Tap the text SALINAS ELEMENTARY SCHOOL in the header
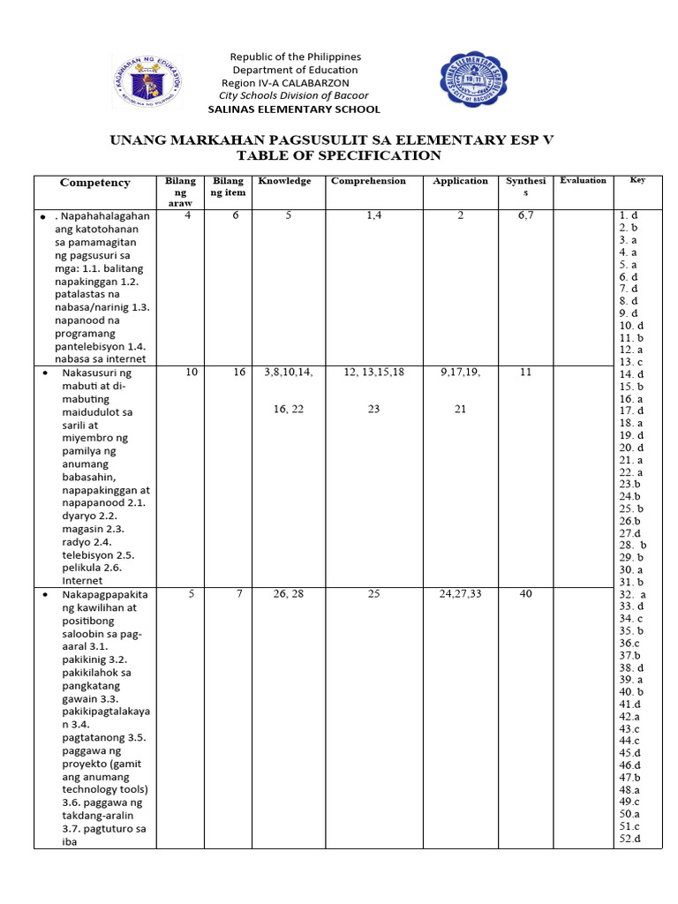[294, 109]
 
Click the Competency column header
[94, 183]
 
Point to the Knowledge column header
[284, 181]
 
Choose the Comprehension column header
[368, 181]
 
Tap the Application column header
[460, 181]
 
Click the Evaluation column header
[583, 180]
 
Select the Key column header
[637, 180]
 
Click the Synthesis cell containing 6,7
[526, 215]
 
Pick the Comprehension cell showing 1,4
[374, 215]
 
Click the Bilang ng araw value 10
[192, 373]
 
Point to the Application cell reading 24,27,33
[460, 594]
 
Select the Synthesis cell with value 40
[526, 594]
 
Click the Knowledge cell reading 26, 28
[289, 594]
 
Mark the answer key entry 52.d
[629, 839]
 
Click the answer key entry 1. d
[629, 215]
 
